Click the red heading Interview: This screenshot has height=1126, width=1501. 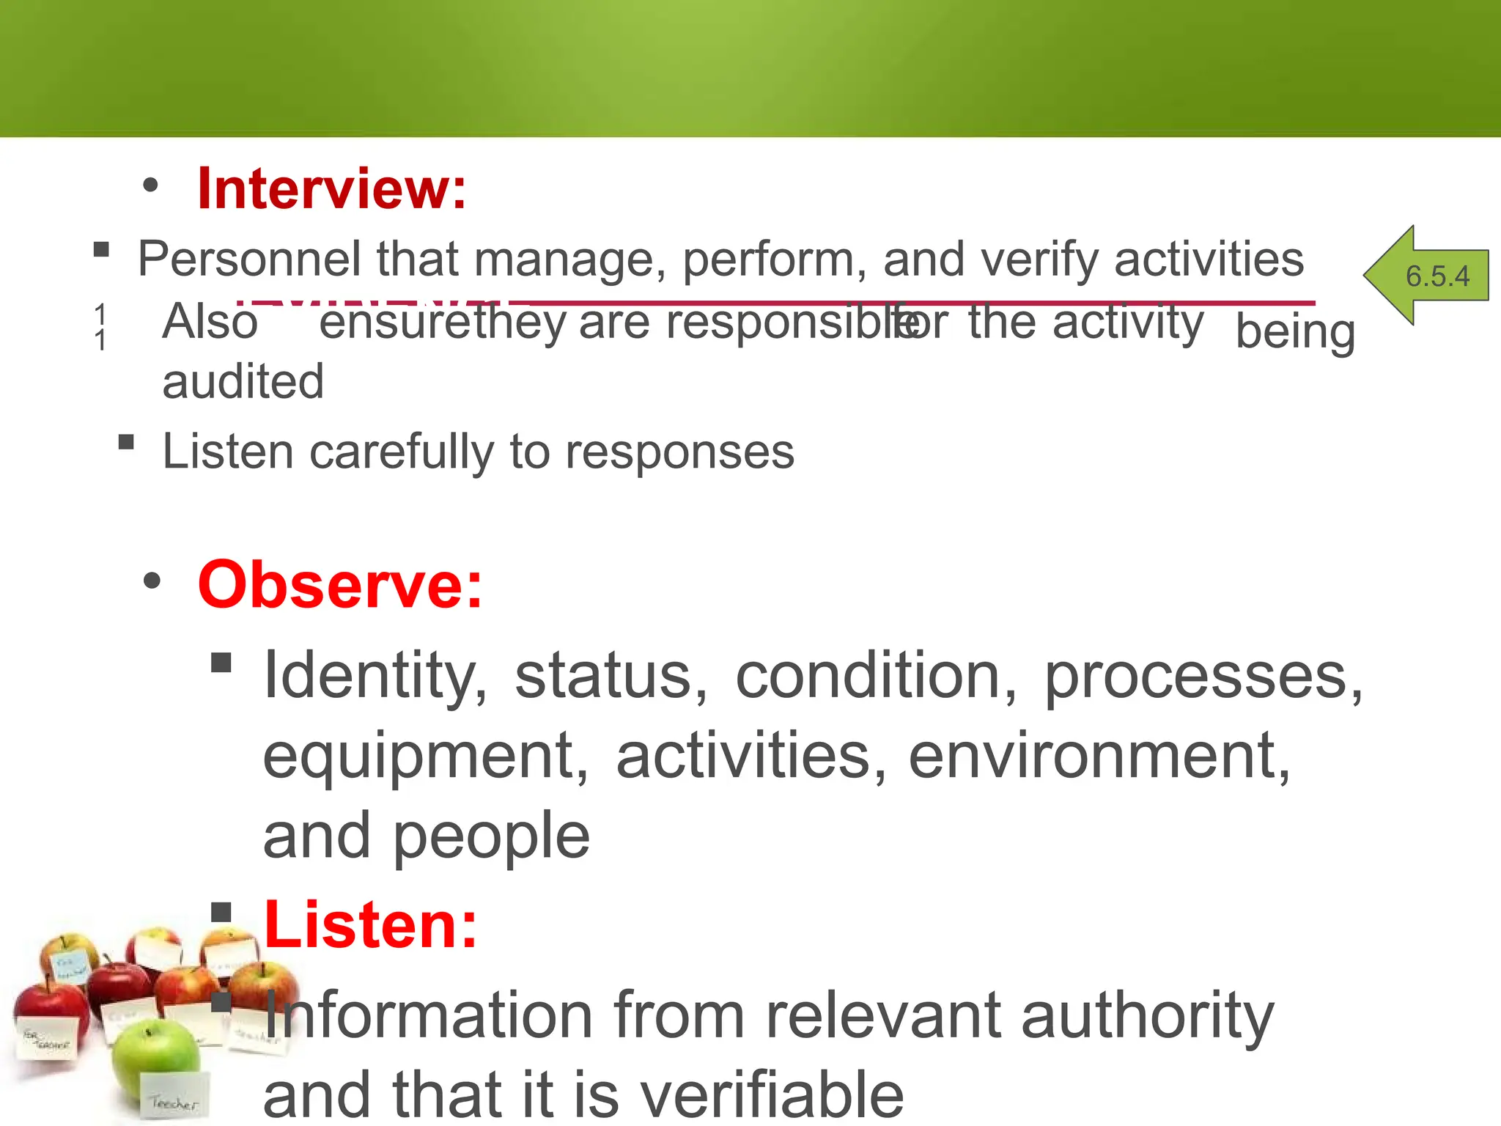click(331, 189)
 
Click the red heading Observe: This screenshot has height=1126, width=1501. click(340, 585)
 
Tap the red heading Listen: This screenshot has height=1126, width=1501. click(370, 925)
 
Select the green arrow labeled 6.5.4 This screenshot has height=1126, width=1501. click(1426, 276)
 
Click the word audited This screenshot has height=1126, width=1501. click(243, 382)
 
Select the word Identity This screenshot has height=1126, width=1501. click(375, 676)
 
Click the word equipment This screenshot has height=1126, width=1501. click(425, 756)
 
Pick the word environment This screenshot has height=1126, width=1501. click(1099, 756)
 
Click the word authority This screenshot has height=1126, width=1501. click(1147, 1015)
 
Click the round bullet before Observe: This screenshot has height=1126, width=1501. click(152, 582)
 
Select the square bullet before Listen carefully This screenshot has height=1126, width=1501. click(126, 442)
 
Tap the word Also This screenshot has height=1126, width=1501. click(210, 322)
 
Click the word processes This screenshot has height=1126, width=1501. click(1202, 676)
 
